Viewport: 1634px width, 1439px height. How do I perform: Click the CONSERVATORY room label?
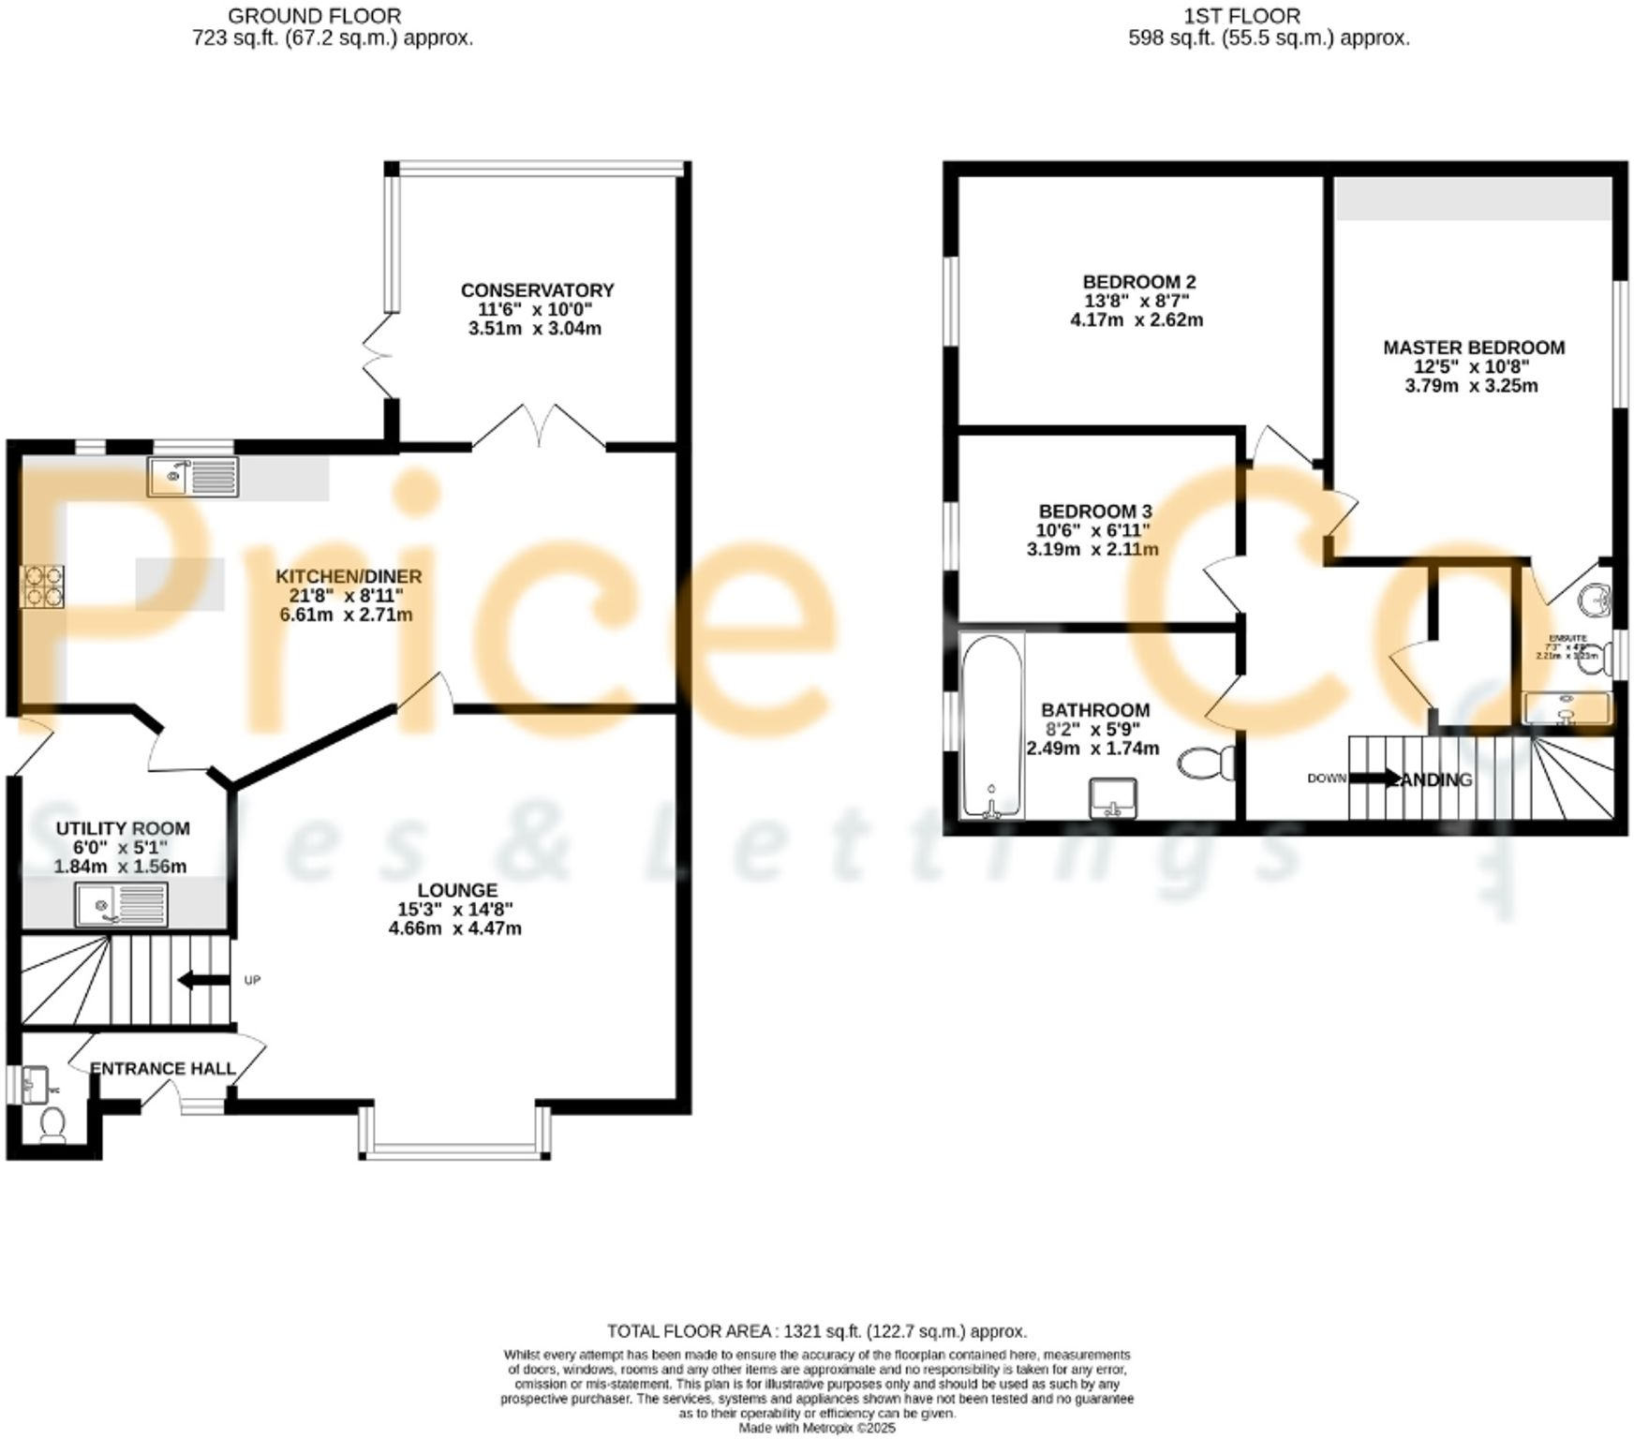pyautogui.click(x=537, y=290)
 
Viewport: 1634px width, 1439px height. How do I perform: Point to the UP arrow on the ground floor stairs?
pyautogui.click(x=203, y=980)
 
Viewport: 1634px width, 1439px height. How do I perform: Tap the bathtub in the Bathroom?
pyautogui.click(x=992, y=724)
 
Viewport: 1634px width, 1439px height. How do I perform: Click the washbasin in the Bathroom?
pyautogui.click(x=1113, y=798)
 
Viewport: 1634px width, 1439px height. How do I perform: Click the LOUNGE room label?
pyautogui.click(x=457, y=890)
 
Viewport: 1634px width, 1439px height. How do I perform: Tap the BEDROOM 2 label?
pyautogui.click(x=1138, y=282)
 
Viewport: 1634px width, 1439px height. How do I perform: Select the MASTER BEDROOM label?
pyautogui.click(x=1473, y=348)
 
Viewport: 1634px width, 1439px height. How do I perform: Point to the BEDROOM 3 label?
pyautogui.click(x=1094, y=512)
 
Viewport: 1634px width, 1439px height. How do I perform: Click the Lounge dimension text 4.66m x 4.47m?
pyautogui.click(x=454, y=928)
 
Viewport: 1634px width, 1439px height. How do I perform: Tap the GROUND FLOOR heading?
pyautogui.click(x=314, y=16)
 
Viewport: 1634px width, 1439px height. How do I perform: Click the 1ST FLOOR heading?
pyautogui.click(x=1242, y=16)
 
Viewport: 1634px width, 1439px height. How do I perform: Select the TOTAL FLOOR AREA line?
pyautogui.click(x=816, y=1331)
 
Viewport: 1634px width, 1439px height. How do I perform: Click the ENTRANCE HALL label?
pyautogui.click(x=163, y=1069)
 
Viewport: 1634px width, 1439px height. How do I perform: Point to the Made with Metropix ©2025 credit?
pyautogui.click(x=816, y=1429)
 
